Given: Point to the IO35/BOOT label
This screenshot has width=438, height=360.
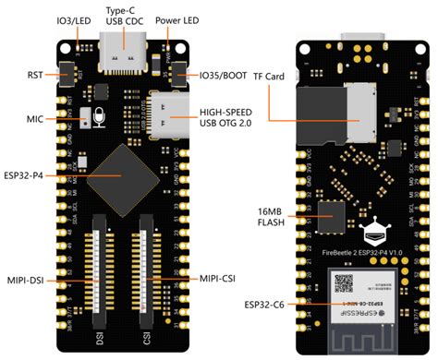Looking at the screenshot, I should pos(219,74).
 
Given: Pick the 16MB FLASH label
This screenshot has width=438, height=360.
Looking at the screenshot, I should pos(271,219).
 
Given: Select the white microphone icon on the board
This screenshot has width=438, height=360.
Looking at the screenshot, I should pos(98,118).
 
